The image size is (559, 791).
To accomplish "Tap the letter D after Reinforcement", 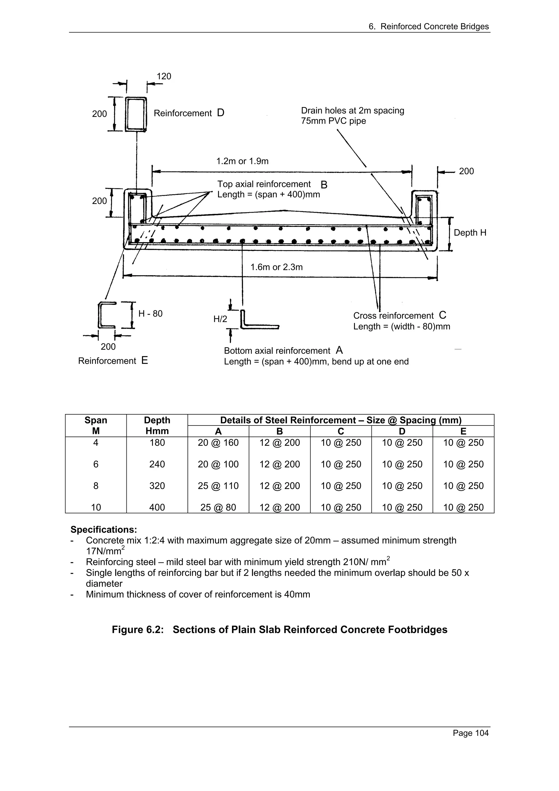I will (x=221, y=113).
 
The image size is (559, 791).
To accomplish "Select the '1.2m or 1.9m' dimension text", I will (x=242, y=161).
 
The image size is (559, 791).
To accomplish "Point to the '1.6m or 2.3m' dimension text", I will (x=276, y=267).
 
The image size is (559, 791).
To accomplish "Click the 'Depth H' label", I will (x=470, y=233).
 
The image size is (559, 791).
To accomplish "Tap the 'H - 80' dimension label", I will (x=150, y=314).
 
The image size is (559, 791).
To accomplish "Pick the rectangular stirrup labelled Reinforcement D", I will (x=136, y=114).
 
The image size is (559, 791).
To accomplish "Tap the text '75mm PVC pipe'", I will (x=333, y=121).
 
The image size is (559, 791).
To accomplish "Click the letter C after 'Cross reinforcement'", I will (x=442, y=315).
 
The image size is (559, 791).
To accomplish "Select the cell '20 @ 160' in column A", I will (x=218, y=443).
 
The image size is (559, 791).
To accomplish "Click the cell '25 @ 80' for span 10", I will (x=218, y=507).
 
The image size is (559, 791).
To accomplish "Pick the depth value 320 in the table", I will (x=157, y=486).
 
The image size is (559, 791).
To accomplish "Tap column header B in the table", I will (x=279, y=431).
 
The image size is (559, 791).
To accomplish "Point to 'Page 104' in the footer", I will (x=471, y=733).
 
